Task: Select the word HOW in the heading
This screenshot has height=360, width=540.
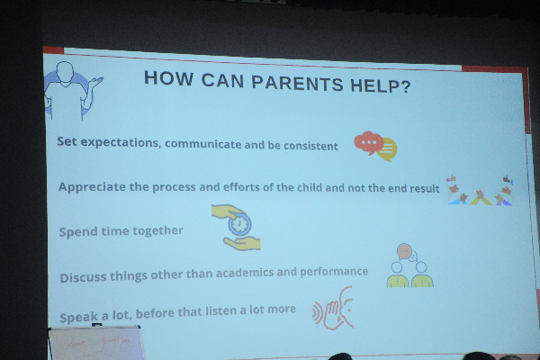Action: tap(168, 78)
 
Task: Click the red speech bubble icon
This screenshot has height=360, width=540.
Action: tap(368, 142)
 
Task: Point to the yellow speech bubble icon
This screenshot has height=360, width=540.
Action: tap(387, 149)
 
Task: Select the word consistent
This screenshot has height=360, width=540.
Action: tap(310, 146)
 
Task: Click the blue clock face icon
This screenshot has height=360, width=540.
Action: tap(239, 224)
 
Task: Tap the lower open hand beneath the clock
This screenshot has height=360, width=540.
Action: tap(242, 243)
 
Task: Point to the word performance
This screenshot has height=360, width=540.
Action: tap(334, 272)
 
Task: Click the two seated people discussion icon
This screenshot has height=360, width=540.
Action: tap(409, 265)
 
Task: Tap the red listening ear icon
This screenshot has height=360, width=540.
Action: tap(333, 308)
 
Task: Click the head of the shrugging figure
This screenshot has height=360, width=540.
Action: tap(65, 72)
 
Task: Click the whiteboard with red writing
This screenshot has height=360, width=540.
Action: tap(96, 344)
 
